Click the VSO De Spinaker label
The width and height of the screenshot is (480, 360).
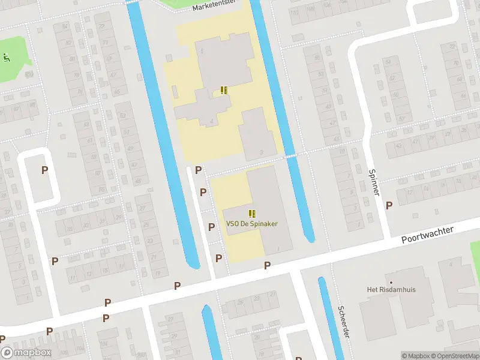coord(252,224)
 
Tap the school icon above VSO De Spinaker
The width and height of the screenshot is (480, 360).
coord(252,213)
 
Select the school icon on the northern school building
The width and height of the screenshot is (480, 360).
coord(224,91)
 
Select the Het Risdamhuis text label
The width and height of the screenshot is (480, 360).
coord(391,289)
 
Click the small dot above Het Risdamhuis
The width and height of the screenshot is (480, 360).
coord(391,281)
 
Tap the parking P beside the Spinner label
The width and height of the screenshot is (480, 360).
coord(389,205)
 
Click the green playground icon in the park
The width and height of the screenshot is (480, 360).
coord(6,58)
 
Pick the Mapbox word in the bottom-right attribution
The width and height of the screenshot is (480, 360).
coord(417,356)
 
